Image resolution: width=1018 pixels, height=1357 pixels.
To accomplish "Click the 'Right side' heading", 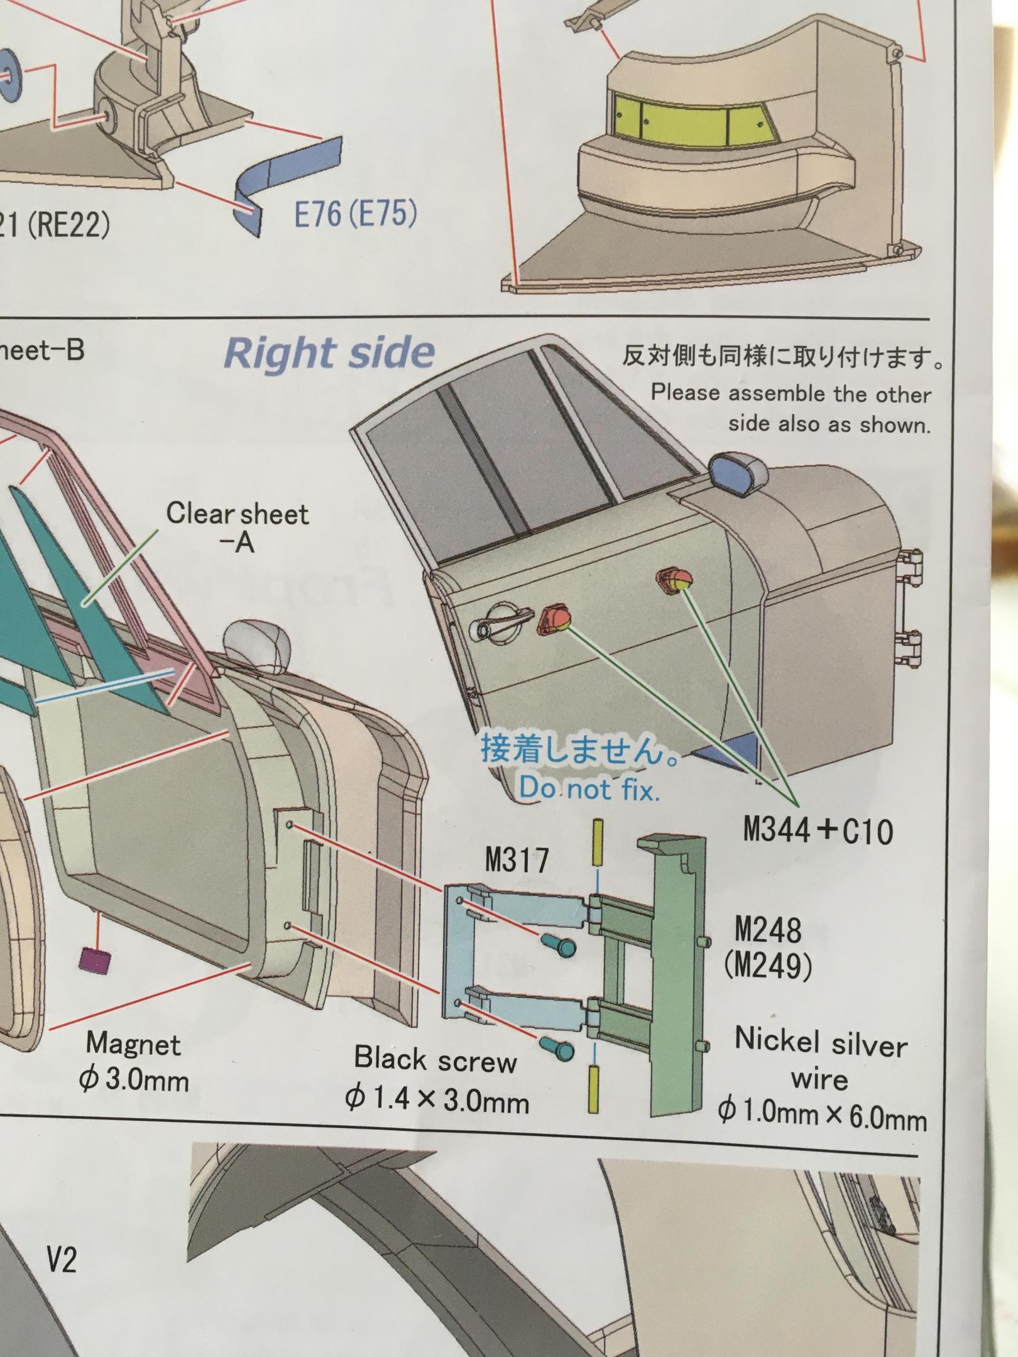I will click(329, 353).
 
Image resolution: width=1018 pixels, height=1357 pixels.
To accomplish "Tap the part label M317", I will click(517, 859).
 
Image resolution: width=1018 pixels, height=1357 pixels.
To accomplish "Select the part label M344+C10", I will click(818, 831).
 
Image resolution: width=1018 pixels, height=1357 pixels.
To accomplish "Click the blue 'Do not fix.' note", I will click(589, 789).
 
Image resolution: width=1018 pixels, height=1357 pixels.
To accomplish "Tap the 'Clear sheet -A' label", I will click(238, 526).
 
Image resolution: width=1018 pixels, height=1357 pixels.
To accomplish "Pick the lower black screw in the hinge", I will click(557, 1047).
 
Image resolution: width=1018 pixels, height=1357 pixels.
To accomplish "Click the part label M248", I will click(768, 929).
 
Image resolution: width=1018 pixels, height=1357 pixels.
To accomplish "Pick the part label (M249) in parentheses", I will click(768, 966).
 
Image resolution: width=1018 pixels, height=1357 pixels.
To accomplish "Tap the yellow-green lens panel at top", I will click(689, 115).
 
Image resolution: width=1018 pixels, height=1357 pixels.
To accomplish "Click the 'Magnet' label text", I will click(133, 1044).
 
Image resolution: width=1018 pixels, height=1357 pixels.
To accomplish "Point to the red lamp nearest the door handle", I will click(554, 619).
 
